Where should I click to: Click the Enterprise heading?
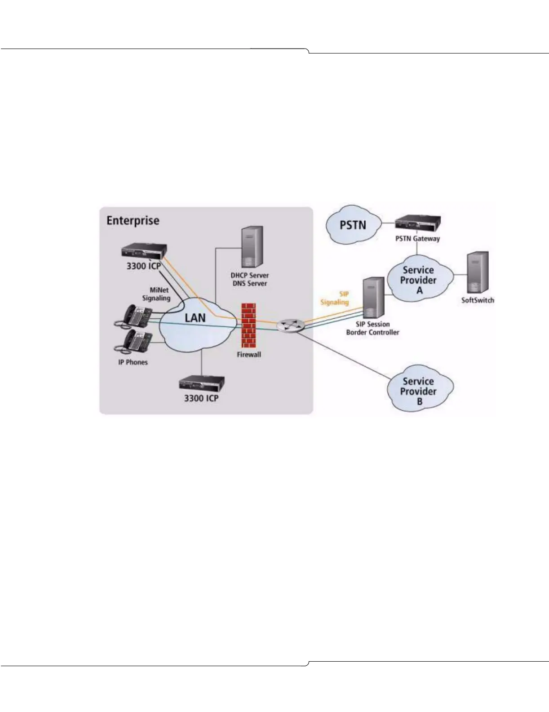(133, 221)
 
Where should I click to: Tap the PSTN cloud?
(353, 225)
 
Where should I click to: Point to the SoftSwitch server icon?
(478, 272)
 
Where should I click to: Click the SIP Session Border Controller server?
(373, 297)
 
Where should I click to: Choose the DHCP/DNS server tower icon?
(251, 248)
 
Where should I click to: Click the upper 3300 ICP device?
(144, 251)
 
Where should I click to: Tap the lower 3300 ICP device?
(201, 384)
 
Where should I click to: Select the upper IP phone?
(135, 315)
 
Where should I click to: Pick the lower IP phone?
(135, 343)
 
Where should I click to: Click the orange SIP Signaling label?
(335, 298)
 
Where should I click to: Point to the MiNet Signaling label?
(157, 294)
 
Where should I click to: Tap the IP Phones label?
(133, 362)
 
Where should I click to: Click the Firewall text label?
(249, 354)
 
